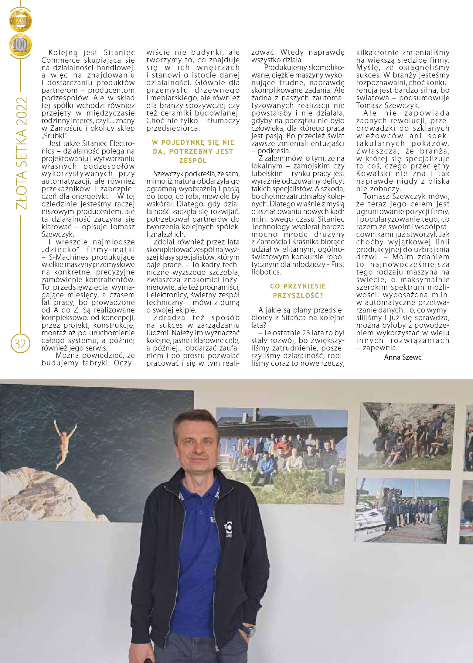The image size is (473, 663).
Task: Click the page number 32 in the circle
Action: (20, 344)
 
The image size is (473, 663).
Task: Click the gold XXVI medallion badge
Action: (20, 20)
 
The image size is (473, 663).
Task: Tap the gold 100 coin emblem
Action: (20, 45)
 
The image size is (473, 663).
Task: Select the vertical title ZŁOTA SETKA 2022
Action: (22, 154)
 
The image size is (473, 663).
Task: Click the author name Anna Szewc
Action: (403, 357)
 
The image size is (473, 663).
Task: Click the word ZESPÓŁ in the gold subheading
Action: (193, 161)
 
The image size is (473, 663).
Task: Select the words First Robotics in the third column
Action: (297, 268)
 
